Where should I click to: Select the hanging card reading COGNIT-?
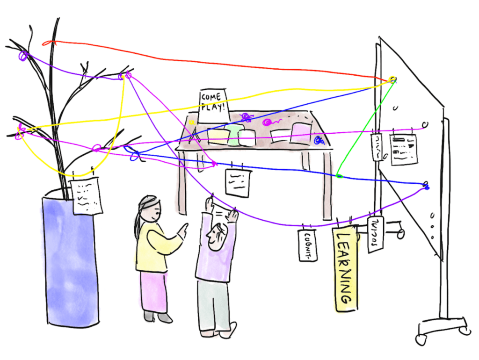pos(308,244)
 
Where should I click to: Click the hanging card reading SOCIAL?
pos(375,233)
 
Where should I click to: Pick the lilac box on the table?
pos(301,133)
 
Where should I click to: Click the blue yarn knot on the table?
pos(319,139)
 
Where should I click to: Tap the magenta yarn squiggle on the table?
pos(270,122)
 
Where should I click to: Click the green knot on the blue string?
pos(339,176)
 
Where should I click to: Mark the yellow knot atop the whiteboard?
pos(392,79)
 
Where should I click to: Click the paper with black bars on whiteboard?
pos(403,149)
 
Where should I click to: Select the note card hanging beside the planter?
pos(87,196)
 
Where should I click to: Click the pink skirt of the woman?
pos(154,292)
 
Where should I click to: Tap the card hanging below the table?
pos(238,182)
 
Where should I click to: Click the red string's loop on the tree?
pos(46,43)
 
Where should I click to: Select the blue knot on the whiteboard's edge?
pos(426,185)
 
